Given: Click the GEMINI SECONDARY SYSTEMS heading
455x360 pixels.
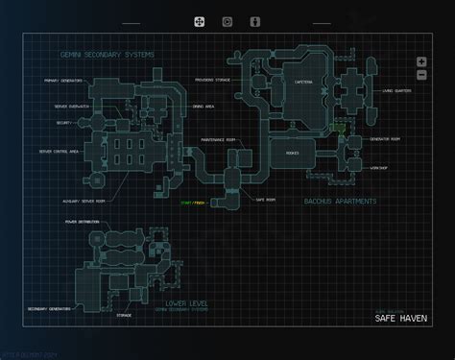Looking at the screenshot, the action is coord(105,55).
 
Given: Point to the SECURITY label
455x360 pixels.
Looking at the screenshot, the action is coord(62,124).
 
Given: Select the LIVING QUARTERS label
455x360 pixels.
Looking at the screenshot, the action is coord(397,93).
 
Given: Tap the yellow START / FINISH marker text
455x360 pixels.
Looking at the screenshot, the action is coord(193,204).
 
